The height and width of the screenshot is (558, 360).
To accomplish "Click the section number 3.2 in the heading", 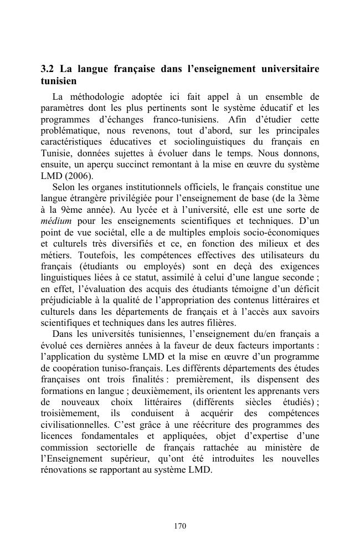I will (48, 69).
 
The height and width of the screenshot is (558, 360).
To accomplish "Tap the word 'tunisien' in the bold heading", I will (58, 81).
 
